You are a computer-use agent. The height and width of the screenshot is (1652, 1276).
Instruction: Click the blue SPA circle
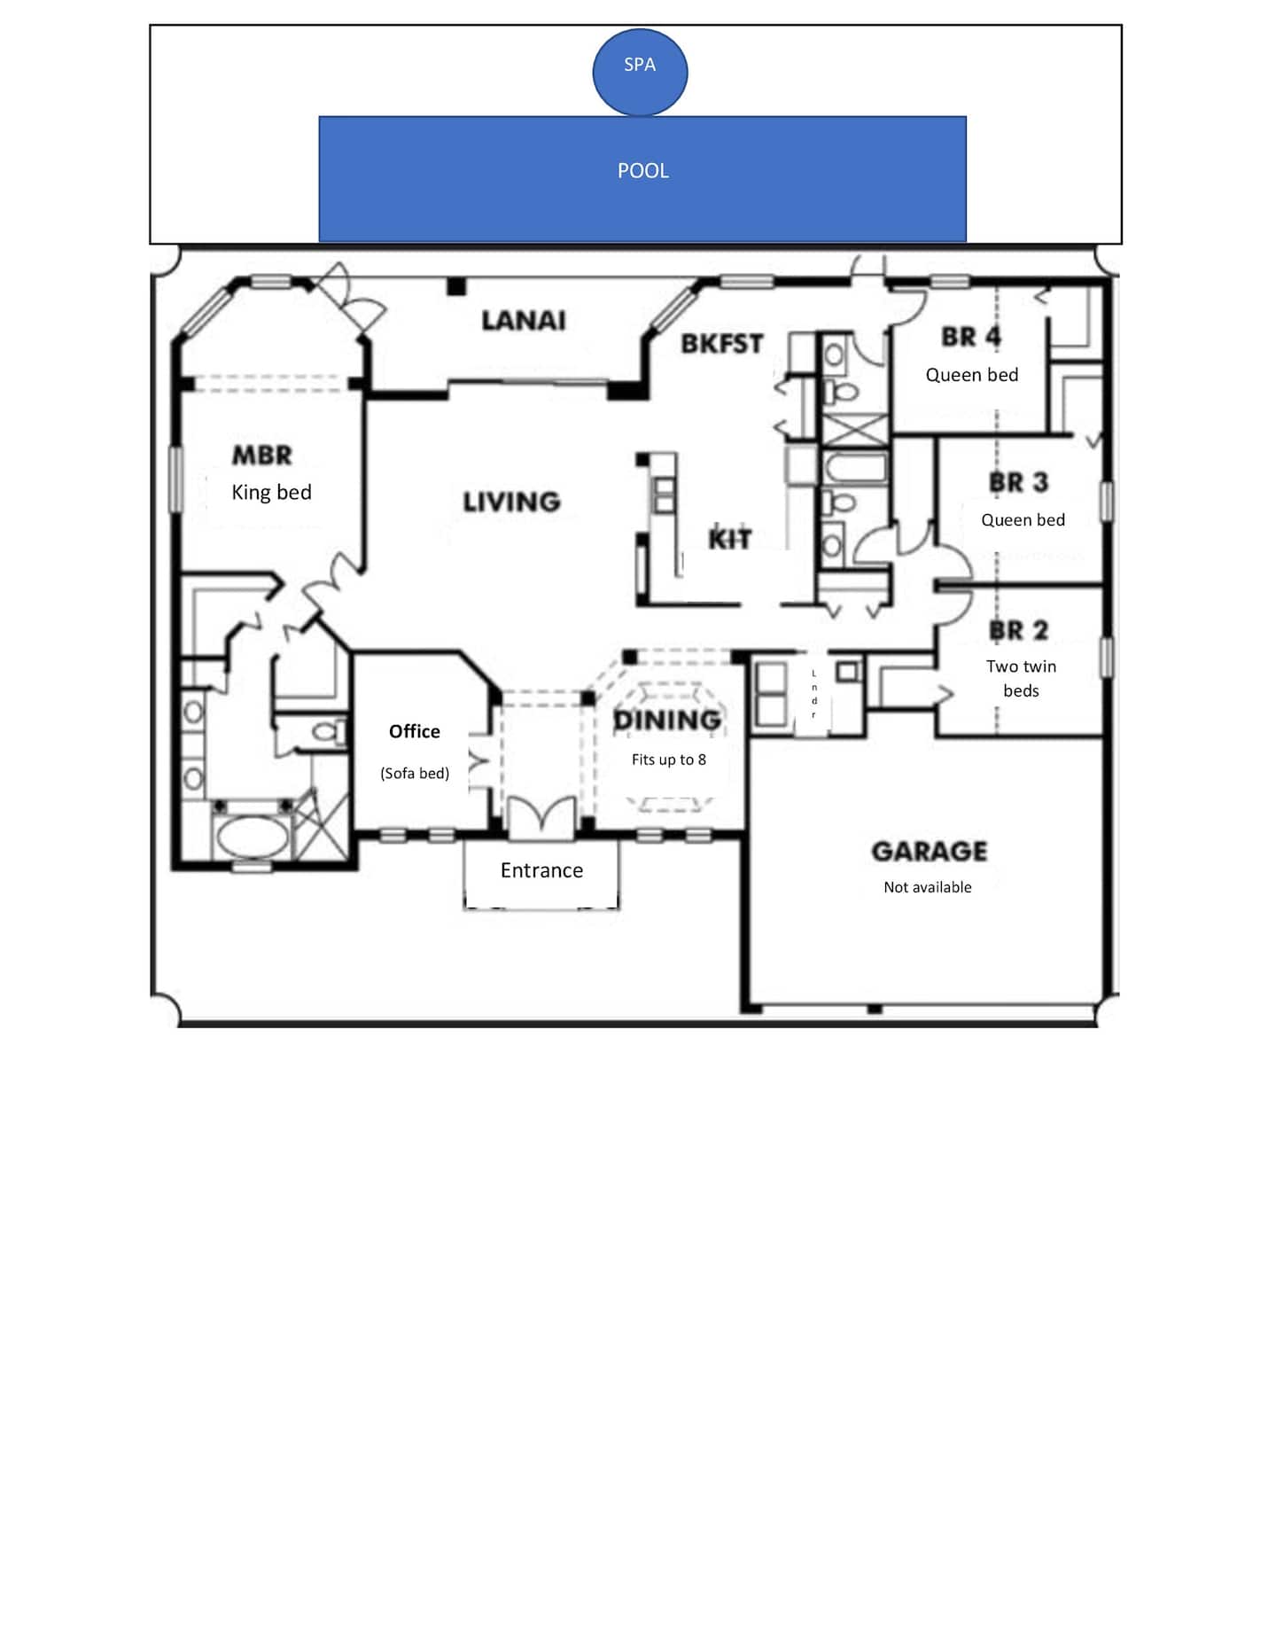coord(640,72)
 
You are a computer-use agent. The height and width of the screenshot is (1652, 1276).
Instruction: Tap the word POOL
coord(643,171)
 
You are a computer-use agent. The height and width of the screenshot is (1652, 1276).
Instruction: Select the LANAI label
coord(524,321)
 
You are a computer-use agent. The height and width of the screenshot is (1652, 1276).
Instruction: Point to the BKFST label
coord(722,344)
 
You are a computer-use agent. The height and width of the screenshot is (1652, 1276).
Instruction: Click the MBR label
coord(262,456)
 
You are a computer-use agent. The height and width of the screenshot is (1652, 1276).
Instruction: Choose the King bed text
coord(271,493)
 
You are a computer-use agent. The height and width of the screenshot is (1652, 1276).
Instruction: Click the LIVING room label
coord(512,503)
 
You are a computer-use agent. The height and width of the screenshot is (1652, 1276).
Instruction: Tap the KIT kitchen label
coord(730,539)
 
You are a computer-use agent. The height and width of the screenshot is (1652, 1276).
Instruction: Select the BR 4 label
coord(971,338)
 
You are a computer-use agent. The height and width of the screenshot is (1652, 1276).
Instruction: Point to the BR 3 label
coord(1019,483)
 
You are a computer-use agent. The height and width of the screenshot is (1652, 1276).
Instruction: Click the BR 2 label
coord(1019,631)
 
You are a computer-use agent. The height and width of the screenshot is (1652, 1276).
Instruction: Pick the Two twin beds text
coord(1022,678)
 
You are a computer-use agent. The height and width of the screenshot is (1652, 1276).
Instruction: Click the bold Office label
coord(415,732)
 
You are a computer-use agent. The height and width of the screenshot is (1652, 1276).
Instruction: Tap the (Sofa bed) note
coord(415,773)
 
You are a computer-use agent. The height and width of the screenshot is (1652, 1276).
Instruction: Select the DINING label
coord(668,721)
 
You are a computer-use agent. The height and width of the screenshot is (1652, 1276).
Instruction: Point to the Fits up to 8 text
coord(669,760)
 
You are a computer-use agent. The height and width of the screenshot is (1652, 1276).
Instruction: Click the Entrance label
coord(541,870)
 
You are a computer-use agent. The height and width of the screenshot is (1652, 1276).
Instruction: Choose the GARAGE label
coord(930,852)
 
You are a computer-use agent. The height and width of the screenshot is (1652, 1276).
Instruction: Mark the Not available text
coord(928,887)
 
